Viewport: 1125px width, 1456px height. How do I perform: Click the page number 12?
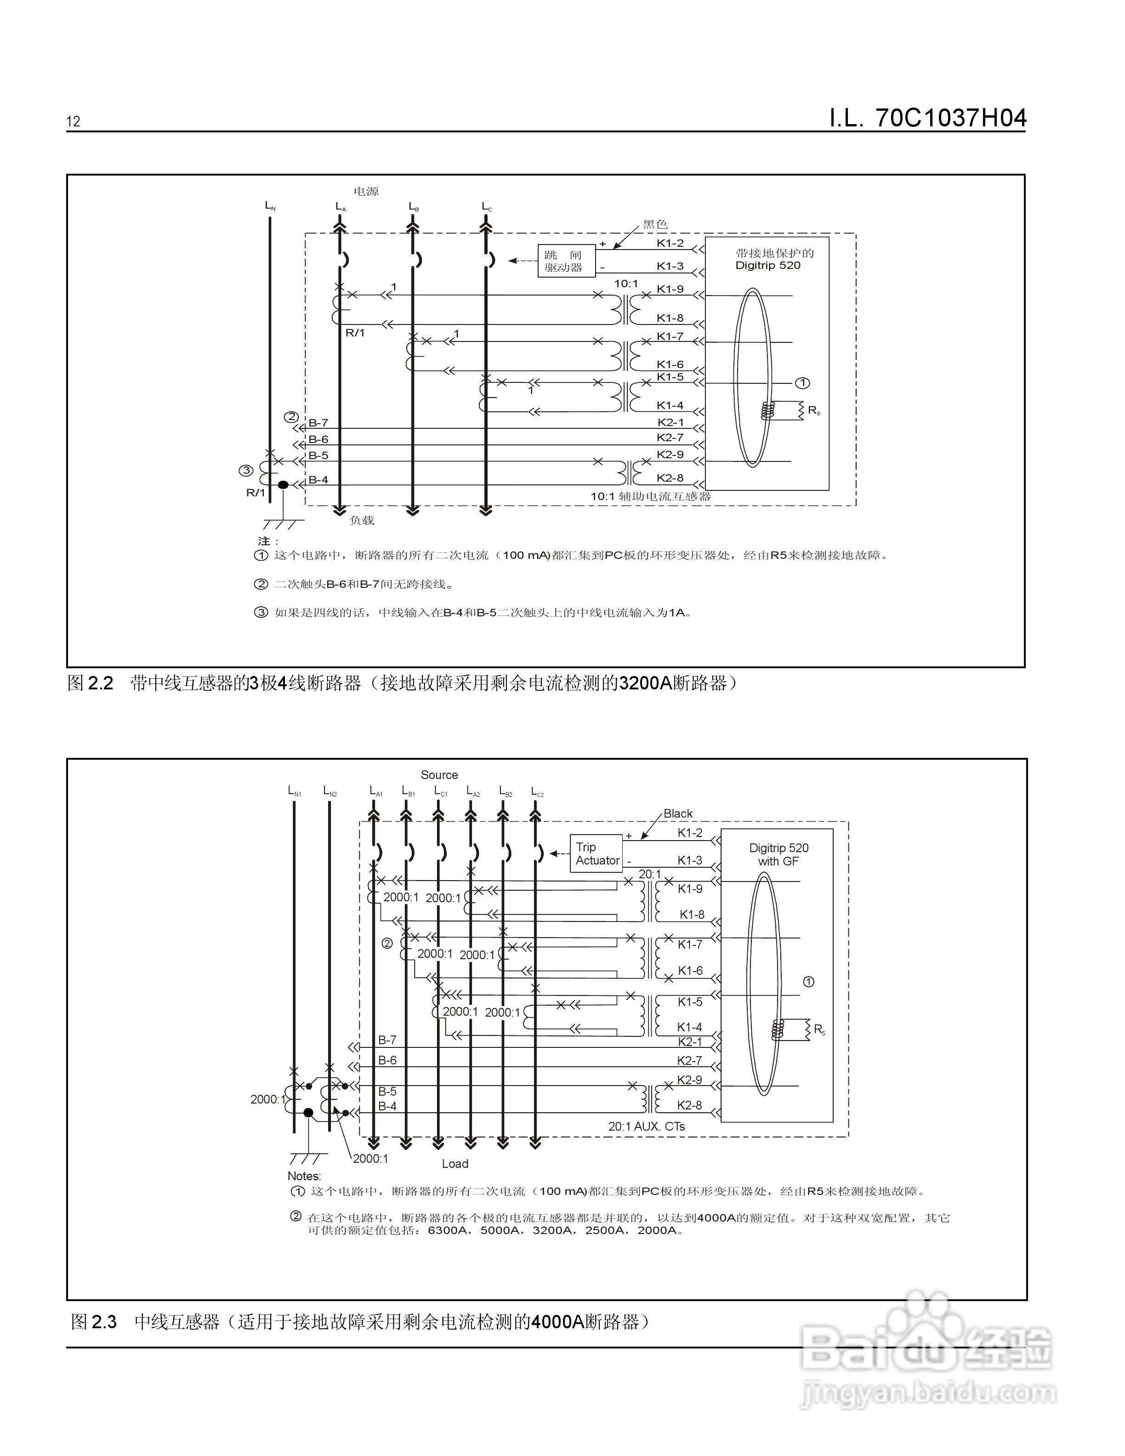click(74, 121)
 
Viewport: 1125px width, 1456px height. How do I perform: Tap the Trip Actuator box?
click(597, 854)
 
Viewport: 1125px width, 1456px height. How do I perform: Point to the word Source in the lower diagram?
click(439, 775)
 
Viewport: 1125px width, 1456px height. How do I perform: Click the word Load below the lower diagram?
click(455, 1163)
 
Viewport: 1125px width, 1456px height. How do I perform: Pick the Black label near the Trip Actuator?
click(678, 813)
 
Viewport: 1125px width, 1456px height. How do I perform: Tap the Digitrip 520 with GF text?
click(778, 855)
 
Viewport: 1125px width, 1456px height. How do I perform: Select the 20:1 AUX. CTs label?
click(647, 1126)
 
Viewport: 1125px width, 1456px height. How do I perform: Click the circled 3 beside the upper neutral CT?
click(246, 471)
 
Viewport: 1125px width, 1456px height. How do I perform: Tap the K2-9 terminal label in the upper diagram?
click(670, 455)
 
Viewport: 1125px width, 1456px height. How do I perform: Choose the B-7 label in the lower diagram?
click(387, 1039)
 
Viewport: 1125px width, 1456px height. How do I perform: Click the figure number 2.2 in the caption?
click(101, 683)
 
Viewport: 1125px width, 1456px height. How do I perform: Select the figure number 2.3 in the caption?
click(103, 1321)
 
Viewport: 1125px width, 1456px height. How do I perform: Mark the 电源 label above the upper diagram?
click(366, 191)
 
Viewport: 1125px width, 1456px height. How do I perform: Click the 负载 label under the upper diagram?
click(362, 520)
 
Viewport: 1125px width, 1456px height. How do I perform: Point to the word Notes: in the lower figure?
click(304, 1176)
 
